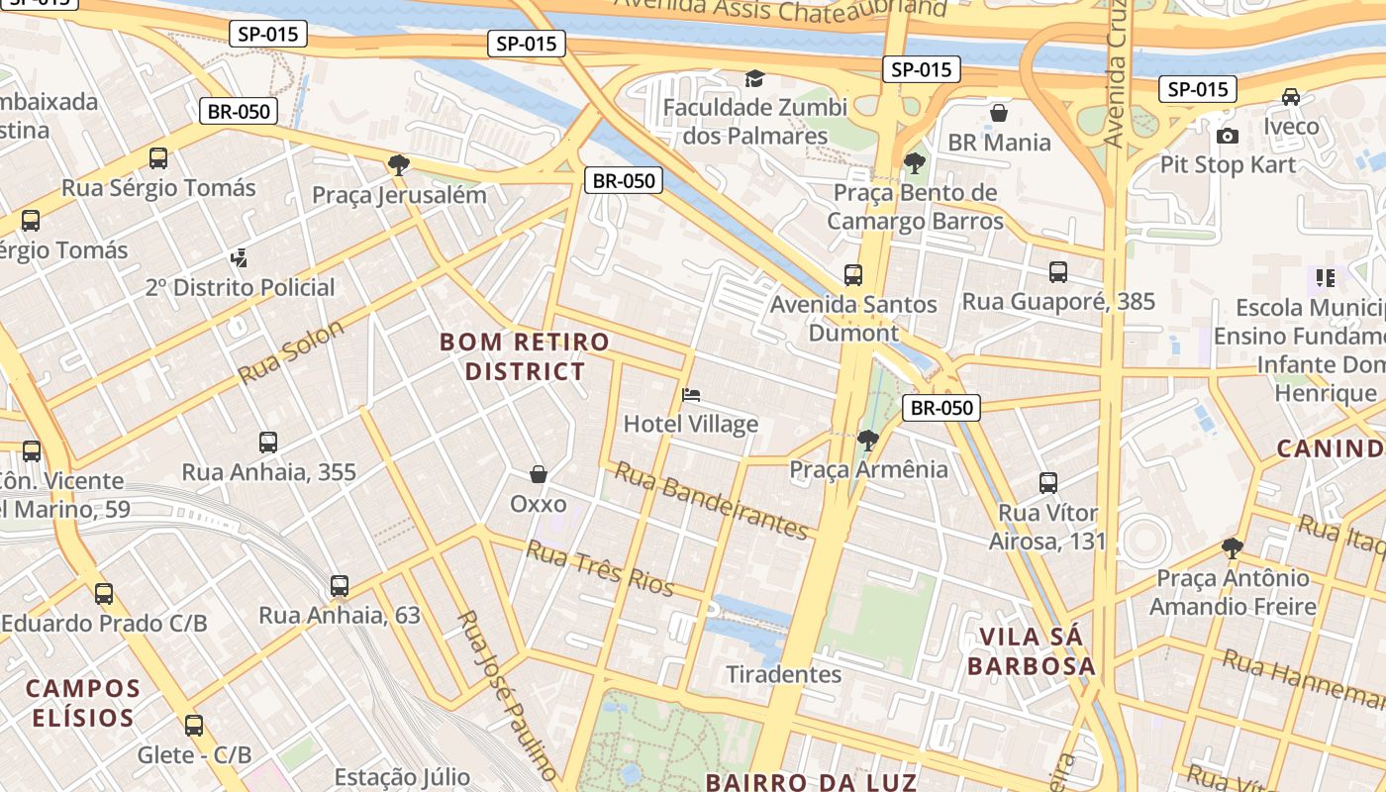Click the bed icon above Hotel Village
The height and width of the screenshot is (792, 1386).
coord(692,396)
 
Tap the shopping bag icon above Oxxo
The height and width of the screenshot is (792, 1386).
coord(539,474)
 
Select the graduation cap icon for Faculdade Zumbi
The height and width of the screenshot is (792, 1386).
coord(755,78)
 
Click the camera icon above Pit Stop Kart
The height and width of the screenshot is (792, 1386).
coord(1228,136)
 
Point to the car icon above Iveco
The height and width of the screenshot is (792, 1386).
coord(1291,97)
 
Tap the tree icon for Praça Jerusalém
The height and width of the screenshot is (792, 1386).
coord(399,164)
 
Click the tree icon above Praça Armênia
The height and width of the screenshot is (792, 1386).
coord(868,440)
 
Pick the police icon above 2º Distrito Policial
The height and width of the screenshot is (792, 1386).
coord(238,258)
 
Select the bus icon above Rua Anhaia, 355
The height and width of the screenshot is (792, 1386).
coord(268,443)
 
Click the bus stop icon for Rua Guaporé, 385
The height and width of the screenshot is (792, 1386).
coord(1058,272)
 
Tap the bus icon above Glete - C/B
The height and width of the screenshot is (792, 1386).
coord(194,726)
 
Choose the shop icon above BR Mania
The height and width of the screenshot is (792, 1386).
coord(999,113)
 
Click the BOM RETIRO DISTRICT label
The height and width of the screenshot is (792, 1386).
coord(525,356)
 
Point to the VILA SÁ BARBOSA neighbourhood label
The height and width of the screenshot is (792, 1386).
coord(1032,650)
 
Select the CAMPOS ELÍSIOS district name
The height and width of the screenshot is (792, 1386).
coord(82,702)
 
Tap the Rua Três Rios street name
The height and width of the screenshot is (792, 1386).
coord(600,568)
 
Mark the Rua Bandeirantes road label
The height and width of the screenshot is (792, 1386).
coord(711,501)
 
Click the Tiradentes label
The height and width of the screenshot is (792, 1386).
coord(784,674)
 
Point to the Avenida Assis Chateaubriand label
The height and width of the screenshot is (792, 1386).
coord(780,10)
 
